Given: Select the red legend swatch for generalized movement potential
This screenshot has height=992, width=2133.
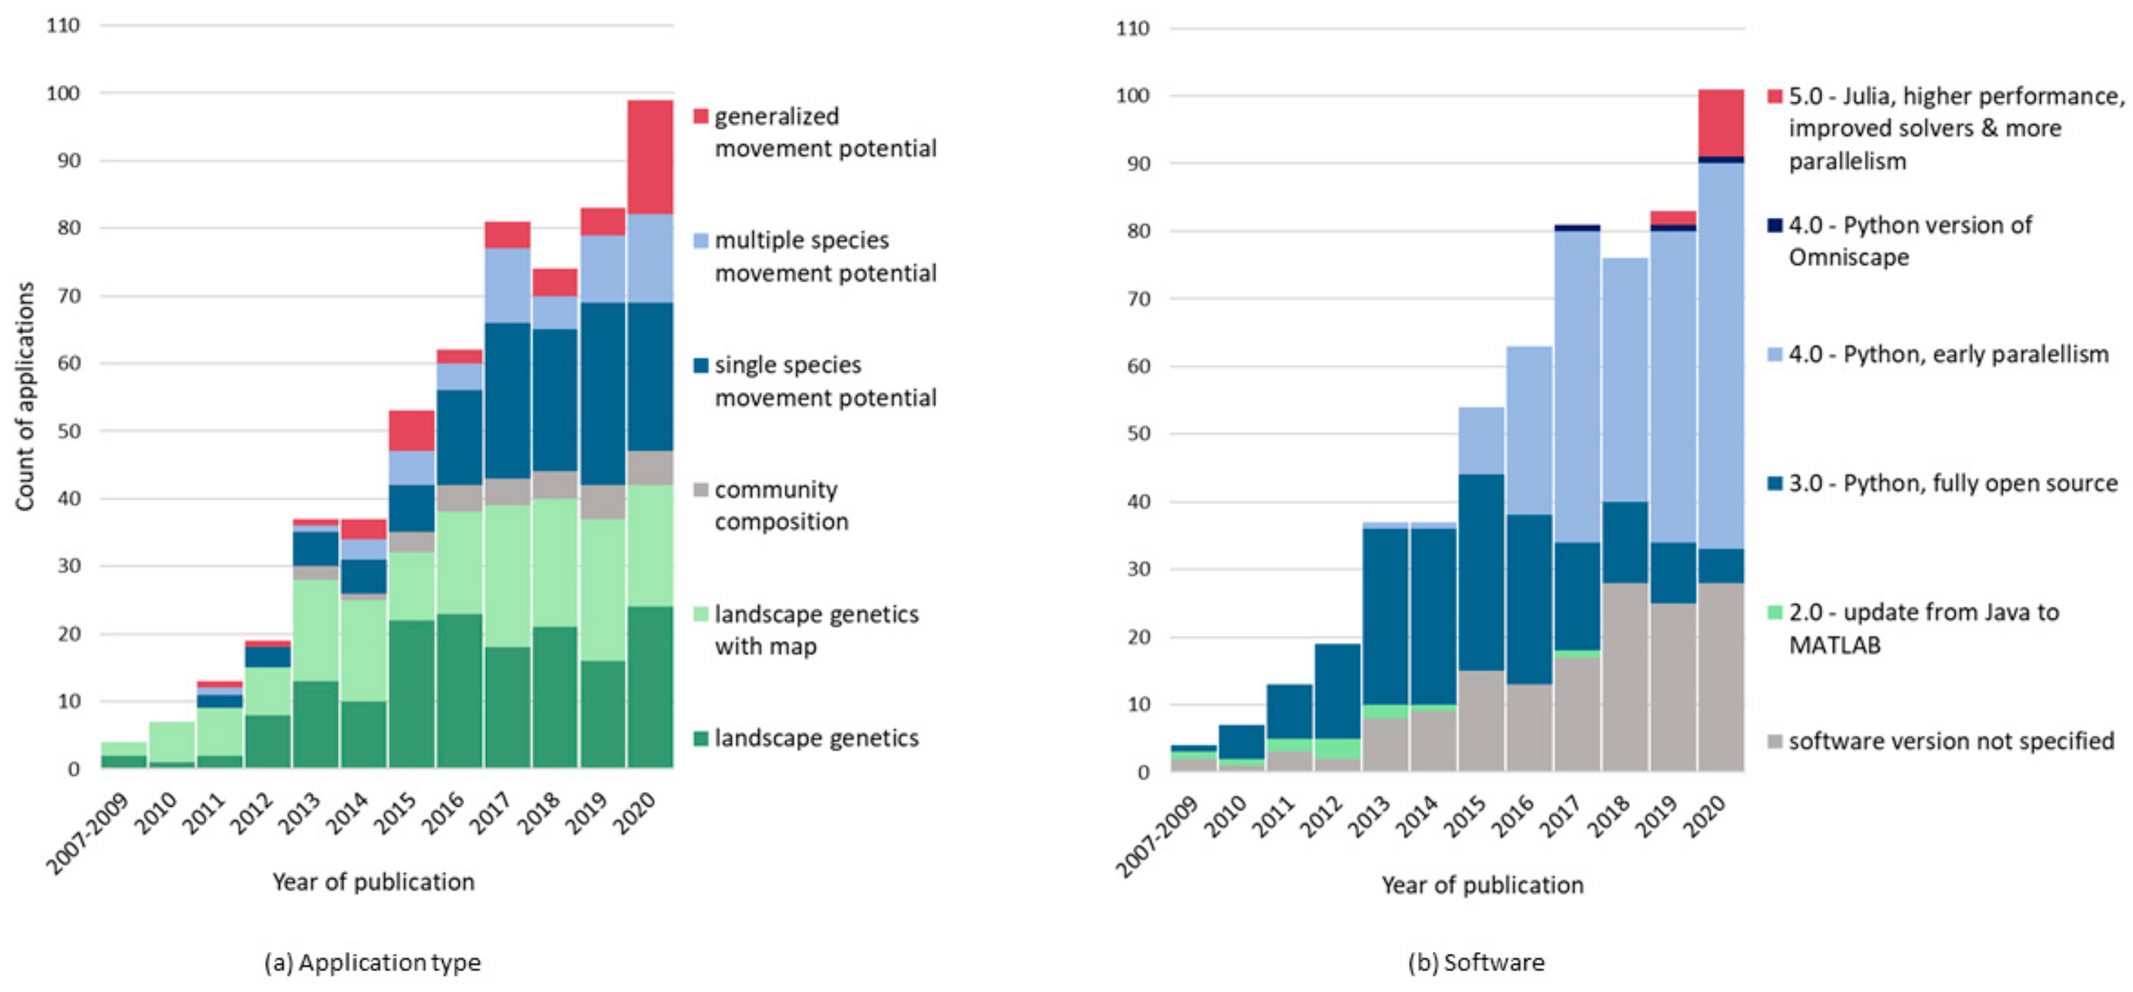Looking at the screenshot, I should click(x=700, y=116).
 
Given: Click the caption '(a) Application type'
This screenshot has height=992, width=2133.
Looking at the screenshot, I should click(x=373, y=962).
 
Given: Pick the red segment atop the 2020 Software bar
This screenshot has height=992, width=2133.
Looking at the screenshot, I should click(x=1721, y=123).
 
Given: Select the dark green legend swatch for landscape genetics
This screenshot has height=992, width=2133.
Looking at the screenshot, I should click(x=700, y=738).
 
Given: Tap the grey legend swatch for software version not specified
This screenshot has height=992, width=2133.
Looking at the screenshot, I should click(x=1774, y=741).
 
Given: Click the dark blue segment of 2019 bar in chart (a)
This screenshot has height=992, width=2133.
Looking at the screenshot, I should click(x=602, y=393).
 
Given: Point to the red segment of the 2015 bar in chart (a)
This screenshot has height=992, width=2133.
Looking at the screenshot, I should click(x=412, y=430).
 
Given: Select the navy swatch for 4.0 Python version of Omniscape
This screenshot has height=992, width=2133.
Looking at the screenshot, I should click(x=1774, y=225).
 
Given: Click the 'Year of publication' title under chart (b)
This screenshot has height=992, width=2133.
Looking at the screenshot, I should click(x=1482, y=885).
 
